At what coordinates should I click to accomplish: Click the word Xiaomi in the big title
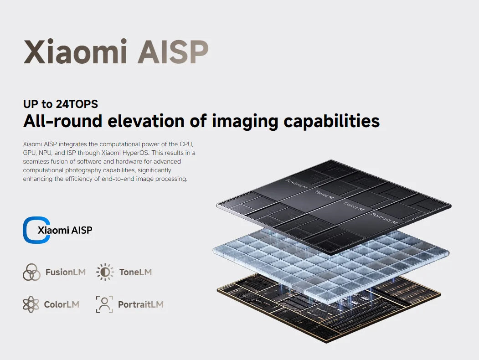(75, 51)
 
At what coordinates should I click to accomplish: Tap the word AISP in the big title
(173, 51)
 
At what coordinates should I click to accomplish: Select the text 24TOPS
(77, 104)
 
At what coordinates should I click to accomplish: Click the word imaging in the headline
(245, 122)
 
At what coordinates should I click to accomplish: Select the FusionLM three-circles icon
(31, 272)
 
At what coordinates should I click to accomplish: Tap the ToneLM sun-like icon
(105, 272)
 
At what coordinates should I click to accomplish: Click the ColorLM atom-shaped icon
(31, 304)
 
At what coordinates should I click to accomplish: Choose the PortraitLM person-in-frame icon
(104, 304)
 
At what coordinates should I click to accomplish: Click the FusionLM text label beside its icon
(65, 272)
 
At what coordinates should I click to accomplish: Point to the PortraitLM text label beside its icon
(140, 304)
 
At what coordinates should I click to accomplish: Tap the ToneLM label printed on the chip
(324, 195)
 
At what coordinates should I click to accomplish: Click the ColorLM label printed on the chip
(354, 206)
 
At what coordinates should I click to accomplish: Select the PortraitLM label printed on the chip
(384, 218)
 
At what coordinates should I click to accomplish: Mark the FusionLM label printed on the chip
(297, 184)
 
